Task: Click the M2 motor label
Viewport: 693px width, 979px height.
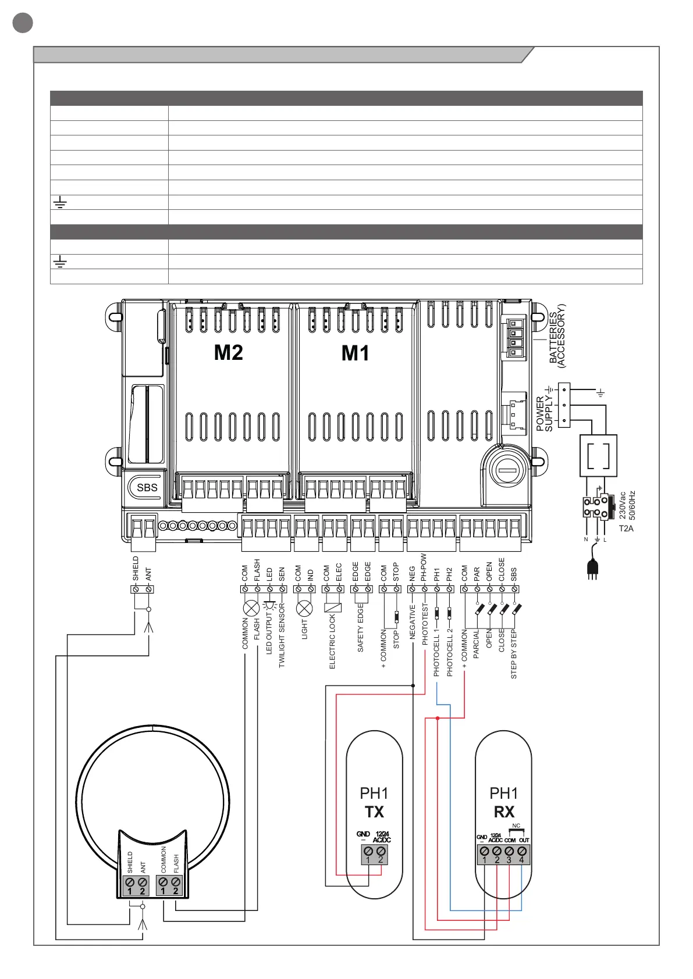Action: click(228, 353)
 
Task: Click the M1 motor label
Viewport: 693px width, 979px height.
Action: click(355, 353)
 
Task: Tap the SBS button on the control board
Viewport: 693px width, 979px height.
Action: click(147, 488)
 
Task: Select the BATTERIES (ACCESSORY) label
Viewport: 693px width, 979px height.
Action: click(557, 336)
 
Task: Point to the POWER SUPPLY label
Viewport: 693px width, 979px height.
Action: click(545, 413)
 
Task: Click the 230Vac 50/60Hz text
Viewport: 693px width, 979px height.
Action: click(627, 505)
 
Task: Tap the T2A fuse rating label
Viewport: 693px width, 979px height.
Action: click(626, 528)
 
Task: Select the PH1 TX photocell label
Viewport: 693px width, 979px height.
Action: click(374, 802)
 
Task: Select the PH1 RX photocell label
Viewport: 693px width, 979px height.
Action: click(503, 802)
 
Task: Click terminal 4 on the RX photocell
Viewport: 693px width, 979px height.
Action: click(521, 852)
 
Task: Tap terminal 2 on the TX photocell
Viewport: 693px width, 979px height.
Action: click(381, 852)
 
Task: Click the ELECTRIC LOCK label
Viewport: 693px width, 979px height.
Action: click(332, 642)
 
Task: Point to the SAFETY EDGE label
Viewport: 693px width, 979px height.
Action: click(360, 627)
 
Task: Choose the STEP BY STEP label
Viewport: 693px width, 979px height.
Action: click(514, 653)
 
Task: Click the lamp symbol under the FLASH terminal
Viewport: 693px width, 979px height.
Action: click(251, 609)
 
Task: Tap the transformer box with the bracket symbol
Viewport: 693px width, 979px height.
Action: click(598, 456)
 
